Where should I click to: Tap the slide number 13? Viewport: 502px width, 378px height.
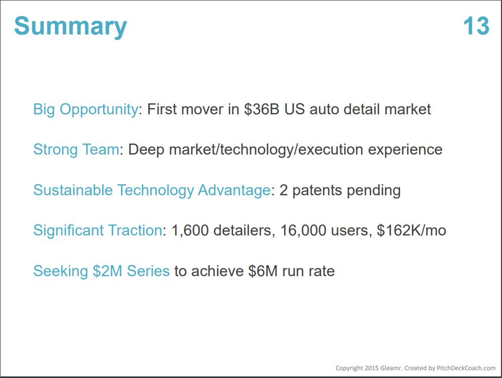[x=476, y=26]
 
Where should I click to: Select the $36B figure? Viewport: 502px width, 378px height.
[x=262, y=109]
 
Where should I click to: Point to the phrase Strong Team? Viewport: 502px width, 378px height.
[x=76, y=150]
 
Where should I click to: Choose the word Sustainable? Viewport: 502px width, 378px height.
[x=73, y=190]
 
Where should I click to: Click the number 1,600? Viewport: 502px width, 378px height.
[x=190, y=231]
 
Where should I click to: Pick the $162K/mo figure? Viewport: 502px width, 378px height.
[x=411, y=231]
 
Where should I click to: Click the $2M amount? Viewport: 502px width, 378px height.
[x=107, y=271]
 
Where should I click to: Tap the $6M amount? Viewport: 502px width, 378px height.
[x=263, y=271]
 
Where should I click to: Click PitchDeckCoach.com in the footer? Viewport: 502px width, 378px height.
[x=466, y=368]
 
